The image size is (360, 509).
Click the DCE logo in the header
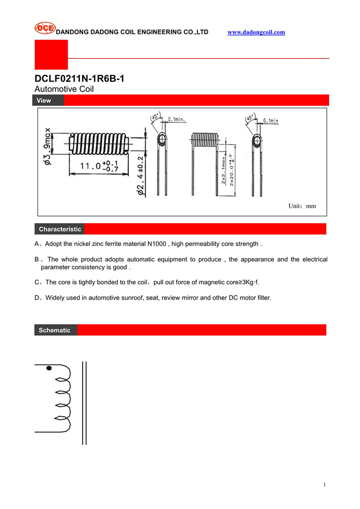tap(45, 28)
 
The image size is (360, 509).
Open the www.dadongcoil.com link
tap(256, 32)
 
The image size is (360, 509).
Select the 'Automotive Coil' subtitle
tap(64, 89)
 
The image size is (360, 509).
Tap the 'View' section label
tap(44, 100)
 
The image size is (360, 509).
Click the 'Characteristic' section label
tap(60, 229)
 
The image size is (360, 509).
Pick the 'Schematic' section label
tap(55, 330)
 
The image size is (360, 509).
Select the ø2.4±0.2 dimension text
tap(140, 175)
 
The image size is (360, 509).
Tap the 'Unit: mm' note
tap(302, 206)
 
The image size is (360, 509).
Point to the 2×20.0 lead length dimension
tap(232, 170)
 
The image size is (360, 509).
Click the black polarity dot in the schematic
tap(49, 369)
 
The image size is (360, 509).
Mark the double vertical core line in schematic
tap(84, 403)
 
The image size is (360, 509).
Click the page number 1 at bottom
tap(324, 485)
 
